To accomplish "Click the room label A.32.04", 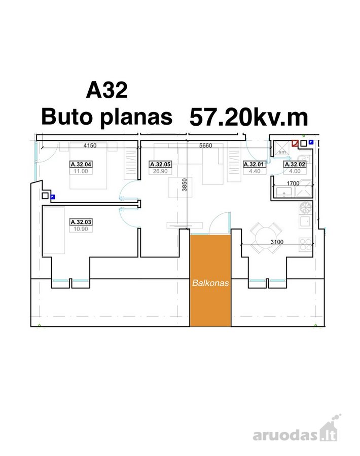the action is coord(81,164).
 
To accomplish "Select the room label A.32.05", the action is coord(160,164).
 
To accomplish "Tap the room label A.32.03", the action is coord(81,222).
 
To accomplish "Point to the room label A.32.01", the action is coord(254,164).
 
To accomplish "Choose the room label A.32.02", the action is coord(295,164).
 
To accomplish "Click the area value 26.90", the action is coord(160,171).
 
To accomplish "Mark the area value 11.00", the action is coord(81,171).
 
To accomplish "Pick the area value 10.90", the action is coord(81,229).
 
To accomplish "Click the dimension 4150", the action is coord(90,145).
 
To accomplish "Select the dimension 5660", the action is coord(205,145).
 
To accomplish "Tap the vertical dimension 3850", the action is coord(184,184).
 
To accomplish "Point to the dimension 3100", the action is coord(277,242).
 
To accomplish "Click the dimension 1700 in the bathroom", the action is coord(293,183).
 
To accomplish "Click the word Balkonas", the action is coord(210,283).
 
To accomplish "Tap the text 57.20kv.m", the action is coord(249,117).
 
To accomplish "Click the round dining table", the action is coord(266,238).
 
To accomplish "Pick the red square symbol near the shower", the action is coord(295,144).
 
